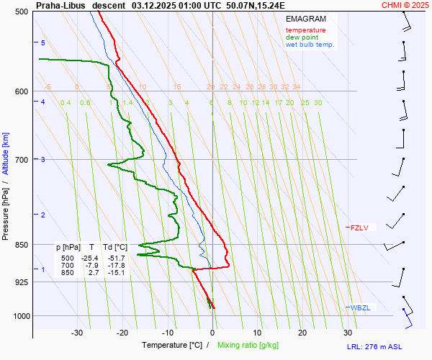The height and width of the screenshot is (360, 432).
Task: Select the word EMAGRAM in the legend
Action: coord(305,19)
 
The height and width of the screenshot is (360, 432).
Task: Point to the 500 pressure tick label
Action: coord(21,12)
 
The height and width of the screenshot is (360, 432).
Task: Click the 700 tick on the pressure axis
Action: coord(21,160)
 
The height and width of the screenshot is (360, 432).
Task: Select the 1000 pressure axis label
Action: coord(19,316)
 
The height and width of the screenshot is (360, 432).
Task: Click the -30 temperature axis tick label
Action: coord(77,333)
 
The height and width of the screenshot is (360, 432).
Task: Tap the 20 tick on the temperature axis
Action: coord(302,333)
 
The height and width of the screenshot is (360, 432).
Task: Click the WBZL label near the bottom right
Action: coord(360,308)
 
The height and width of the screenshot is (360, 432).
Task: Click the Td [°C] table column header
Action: coord(114,247)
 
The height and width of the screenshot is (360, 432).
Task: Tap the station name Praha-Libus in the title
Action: coord(60,4)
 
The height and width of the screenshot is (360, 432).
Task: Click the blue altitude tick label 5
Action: coord(43,43)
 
